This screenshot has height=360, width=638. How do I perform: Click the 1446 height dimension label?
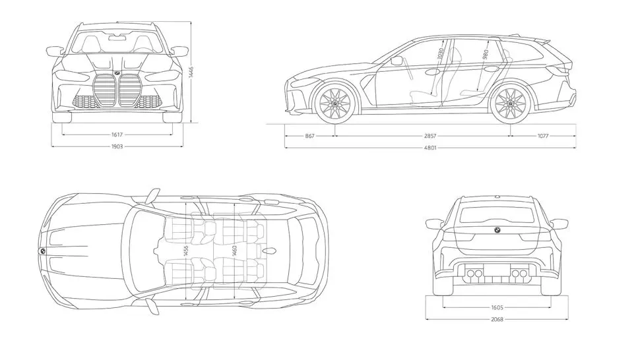[191, 73]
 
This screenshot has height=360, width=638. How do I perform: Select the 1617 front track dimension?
[116, 135]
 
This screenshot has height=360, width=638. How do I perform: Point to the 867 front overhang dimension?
[309, 136]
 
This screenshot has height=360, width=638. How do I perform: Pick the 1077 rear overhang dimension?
[543, 136]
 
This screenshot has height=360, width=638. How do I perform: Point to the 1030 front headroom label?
[441, 55]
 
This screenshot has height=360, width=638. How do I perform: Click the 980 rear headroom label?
[485, 55]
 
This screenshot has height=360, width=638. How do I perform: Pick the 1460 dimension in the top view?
[234, 251]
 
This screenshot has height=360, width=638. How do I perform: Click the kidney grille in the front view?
[117, 90]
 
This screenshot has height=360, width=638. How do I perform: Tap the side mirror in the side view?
[397, 61]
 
